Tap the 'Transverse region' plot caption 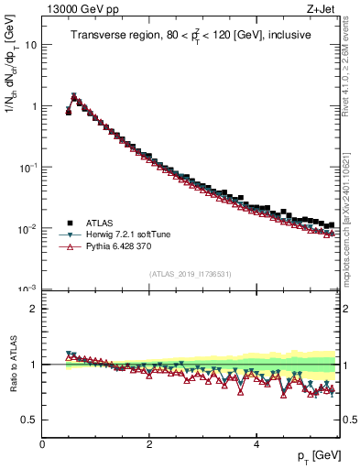click(191, 36)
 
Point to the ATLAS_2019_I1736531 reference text click(190, 274)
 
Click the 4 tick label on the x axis click(256, 443)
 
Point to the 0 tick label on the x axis click(42, 443)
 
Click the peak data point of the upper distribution click(74, 96)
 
